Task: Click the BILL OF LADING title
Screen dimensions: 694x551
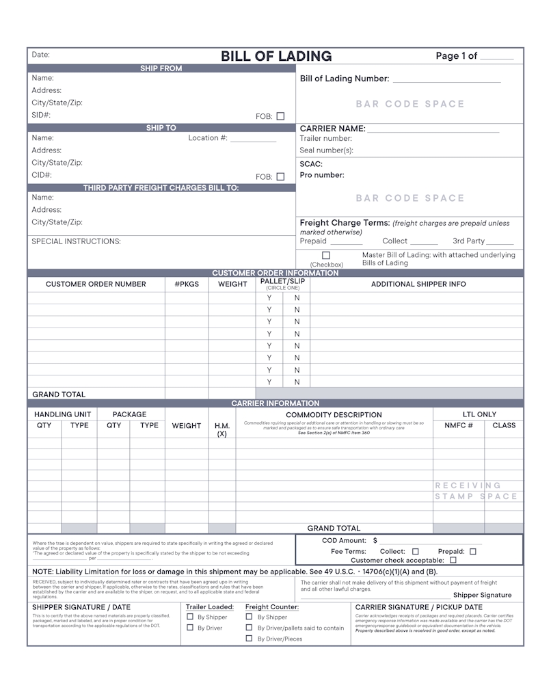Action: (x=276, y=57)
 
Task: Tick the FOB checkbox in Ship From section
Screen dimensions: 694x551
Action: (x=280, y=116)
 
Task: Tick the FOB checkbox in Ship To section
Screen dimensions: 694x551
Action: (x=280, y=176)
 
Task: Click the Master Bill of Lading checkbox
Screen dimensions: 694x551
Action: (x=326, y=255)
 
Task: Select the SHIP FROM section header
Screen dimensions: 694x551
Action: (x=161, y=68)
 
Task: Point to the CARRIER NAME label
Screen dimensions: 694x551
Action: (x=332, y=129)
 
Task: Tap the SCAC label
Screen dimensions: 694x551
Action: (x=311, y=164)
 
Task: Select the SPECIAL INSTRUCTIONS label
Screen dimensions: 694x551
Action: (x=76, y=241)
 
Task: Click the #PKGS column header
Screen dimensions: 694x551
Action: (x=187, y=284)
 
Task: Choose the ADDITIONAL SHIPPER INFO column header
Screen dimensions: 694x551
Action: (x=418, y=284)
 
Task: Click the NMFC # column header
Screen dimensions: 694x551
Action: (x=459, y=425)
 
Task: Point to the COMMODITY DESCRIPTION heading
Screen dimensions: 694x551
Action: (x=334, y=415)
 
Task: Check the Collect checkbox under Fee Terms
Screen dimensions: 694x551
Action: (x=415, y=551)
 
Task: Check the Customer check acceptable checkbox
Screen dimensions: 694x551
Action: (x=453, y=560)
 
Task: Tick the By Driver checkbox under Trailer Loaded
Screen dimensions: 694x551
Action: (x=191, y=627)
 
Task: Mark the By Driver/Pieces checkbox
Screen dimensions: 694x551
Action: (x=250, y=639)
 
